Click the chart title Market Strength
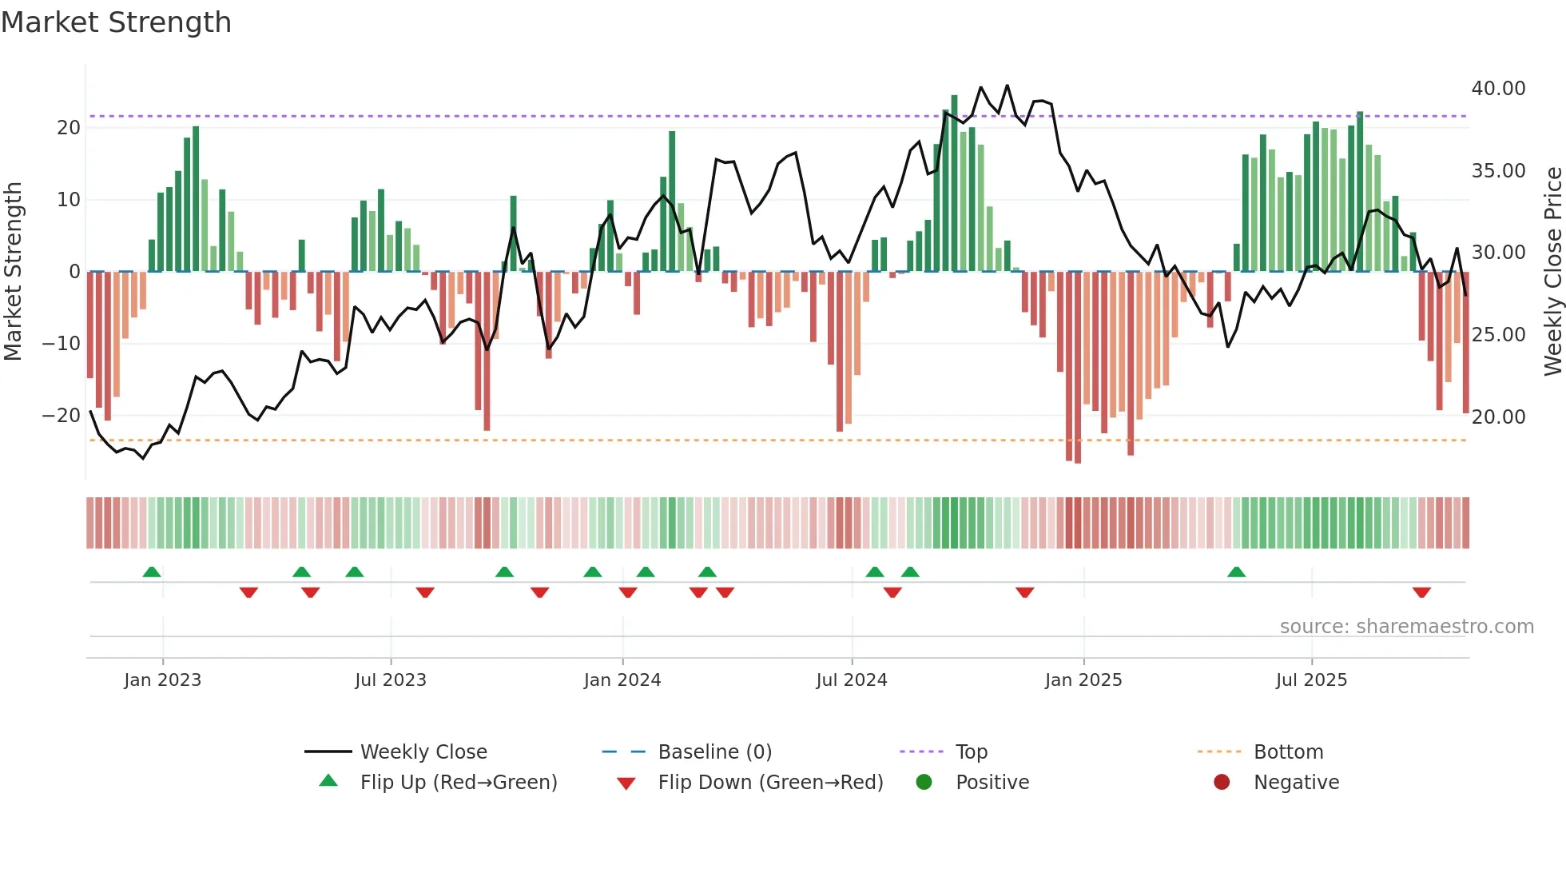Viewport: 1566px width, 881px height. tap(116, 22)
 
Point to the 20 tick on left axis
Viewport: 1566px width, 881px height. tap(69, 128)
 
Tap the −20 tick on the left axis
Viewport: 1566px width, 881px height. tap(62, 416)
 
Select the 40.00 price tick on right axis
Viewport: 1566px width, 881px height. tap(1498, 89)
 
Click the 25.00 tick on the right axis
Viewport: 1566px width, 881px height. tap(1498, 335)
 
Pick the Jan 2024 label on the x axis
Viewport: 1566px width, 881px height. tap(622, 680)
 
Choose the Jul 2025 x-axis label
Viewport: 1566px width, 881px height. tap(1311, 680)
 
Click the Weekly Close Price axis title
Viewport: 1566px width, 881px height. tap(1552, 272)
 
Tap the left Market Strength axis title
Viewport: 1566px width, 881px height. tap(13, 272)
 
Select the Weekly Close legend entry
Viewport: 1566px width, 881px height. tap(423, 752)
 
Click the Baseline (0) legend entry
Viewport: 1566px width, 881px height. tap(714, 752)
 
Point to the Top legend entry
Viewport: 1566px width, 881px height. tap(972, 752)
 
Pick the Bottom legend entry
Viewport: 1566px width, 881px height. tap(1288, 752)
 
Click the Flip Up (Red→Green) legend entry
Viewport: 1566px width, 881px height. tap(458, 783)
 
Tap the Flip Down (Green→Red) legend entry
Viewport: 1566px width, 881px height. tap(770, 783)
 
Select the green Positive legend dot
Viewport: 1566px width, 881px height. tap(924, 783)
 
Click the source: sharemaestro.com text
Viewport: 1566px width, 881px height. tap(1406, 627)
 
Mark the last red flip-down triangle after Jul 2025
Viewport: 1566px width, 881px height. tap(1421, 592)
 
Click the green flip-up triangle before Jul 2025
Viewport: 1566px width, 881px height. tap(1236, 572)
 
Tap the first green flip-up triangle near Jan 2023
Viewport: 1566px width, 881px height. tap(152, 572)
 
